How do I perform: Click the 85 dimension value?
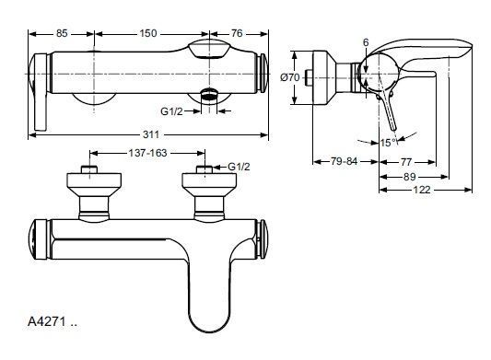[62, 33]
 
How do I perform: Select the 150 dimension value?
[148, 33]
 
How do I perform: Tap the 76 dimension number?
[238, 33]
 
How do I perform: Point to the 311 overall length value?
[151, 134]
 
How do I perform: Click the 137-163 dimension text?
[147, 153]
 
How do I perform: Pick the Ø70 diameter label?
[289, 77]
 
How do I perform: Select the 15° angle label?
[389, 143]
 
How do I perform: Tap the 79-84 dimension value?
[345, 161]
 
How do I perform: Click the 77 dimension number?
[406, 162]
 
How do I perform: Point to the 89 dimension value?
[410, 177]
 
